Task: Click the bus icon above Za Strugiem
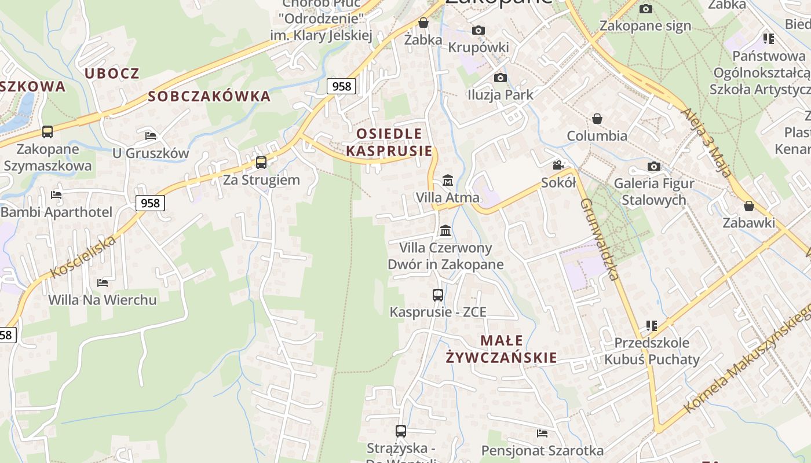[x=261, y=162]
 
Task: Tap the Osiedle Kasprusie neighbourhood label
[x=389, y=142]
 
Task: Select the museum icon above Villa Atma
[x=448, y=181]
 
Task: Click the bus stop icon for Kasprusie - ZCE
[x=438, y=295]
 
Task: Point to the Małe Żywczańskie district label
[x=502, y=349]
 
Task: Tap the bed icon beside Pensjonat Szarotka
[x=542, y=433]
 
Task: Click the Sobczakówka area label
[x=209, y=96]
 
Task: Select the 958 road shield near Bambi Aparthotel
[x=150, y=203]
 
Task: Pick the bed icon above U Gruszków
[x=151, y=136]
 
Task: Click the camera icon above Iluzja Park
[x=501, y=78]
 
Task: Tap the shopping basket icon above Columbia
[x=597, y=119]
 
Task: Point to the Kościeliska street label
[x=83, y=257]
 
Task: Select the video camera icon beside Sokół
[x=558, y=166]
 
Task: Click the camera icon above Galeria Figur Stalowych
[x=653, y=167]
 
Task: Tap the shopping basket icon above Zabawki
[x=749, y=206]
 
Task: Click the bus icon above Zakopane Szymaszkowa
[x=48, y=132]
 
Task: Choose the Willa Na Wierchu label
[x=103, y=300]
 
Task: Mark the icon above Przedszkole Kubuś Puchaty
[x=652, y=326]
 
